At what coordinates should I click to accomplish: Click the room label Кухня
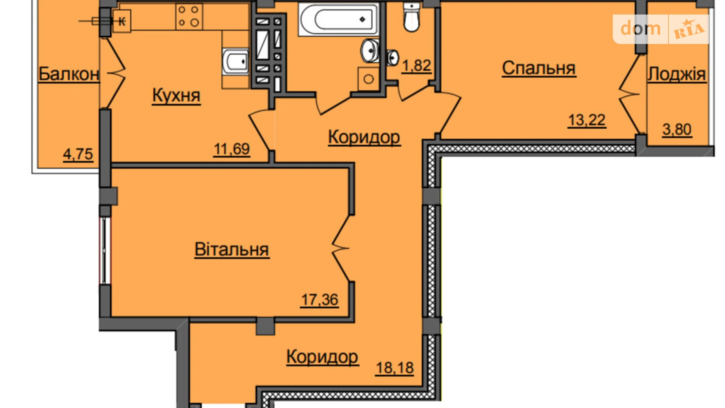tap(176, 95)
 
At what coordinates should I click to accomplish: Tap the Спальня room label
tap(538, 68)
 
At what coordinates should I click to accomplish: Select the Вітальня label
tap(232, 250)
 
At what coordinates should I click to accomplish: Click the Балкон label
tap(69, 74)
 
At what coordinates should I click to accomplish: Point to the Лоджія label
tap(676, 74)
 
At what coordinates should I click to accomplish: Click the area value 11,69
tap(231, 149)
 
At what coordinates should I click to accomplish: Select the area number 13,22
tap(587, 120)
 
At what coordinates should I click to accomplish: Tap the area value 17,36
tap(319, 300)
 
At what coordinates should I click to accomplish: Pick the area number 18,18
tap(394, 368)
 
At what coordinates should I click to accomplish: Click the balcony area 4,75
tap(78, 154)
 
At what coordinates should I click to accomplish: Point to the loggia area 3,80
tap(677, 129)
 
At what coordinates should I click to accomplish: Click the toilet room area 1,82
tap(417, 66)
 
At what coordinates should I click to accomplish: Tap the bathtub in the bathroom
tap(339, 19)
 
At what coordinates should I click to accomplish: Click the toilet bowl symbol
tap(411, 17)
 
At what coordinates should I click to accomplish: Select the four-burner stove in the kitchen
tap(188, 16)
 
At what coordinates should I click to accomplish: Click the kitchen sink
tap(236, 61)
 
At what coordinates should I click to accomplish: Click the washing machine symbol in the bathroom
tap(368, 79)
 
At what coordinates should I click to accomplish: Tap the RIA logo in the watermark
tap(689, 29)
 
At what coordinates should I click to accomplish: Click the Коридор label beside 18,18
tap(322, 357)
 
